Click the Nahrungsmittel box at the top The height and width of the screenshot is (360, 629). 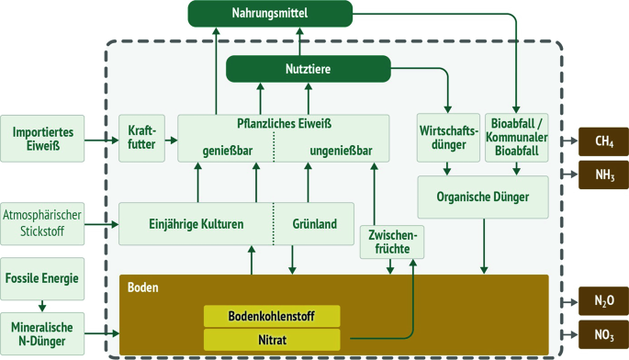(271, 14)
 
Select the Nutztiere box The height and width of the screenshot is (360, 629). (309, 68)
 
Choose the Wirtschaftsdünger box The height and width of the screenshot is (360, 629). (447, 137)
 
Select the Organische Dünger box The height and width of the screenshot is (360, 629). (484, 197)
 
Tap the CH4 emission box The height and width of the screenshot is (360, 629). (601, 142)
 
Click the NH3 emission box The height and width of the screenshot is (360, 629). (601, 173)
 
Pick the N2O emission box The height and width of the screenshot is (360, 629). (601, 300)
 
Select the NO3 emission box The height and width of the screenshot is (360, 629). (601, 332)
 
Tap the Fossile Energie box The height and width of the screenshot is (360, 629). (42, 277)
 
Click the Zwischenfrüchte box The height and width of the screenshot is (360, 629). (390, 242)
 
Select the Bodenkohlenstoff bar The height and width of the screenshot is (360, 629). (272, 317)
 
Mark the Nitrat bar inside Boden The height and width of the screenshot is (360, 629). (272, 340)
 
